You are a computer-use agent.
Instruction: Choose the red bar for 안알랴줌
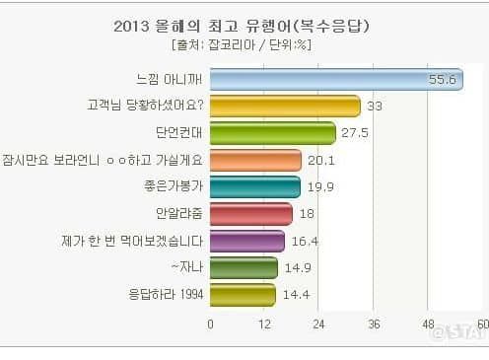tap(250, 214)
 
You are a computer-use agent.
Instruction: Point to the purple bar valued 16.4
tap(246, 241)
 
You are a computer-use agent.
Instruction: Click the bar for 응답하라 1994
tap(243, 294)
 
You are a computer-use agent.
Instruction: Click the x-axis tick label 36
tap(374, 324)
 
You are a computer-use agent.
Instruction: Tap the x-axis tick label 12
tap(264, 324)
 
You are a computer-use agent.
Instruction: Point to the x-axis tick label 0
tap(210, 324)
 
